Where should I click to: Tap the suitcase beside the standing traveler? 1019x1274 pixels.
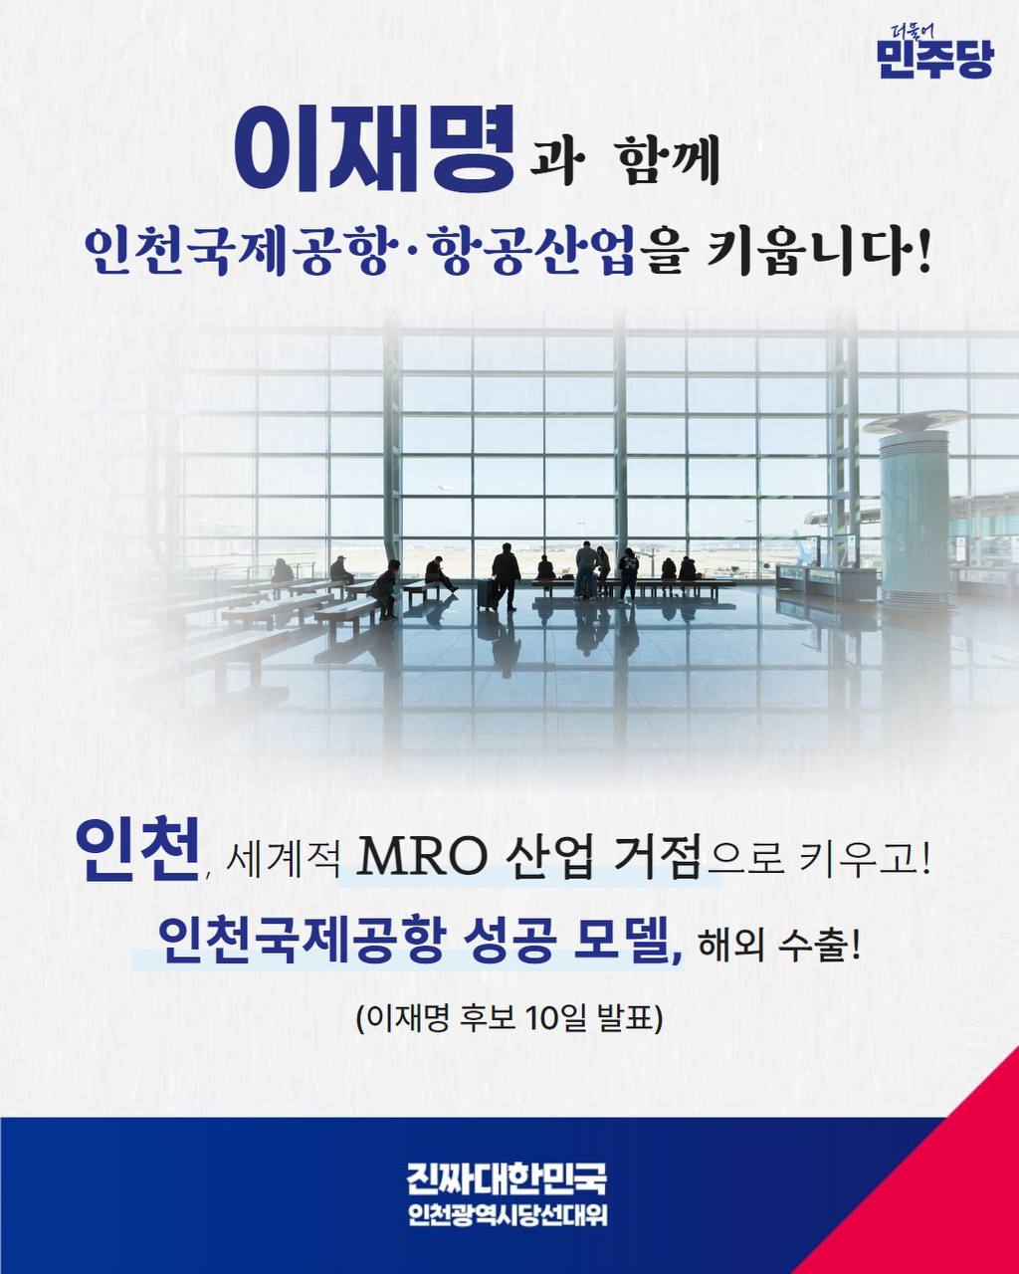click(488, 594)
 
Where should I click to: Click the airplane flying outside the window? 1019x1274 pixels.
click(445, 487)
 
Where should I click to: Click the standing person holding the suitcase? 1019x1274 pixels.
click(507, 575)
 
